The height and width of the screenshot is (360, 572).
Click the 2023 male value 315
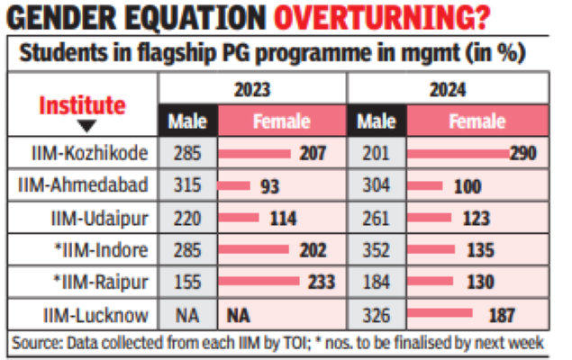[x=186, y=186]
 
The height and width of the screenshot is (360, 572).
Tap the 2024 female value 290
[x=522, y=154]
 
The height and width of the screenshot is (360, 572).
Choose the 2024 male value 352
[x=376, y=250]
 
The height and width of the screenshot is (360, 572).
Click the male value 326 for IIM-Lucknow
[x=376, y=315]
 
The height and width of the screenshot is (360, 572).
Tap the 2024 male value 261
[x=376, y=219]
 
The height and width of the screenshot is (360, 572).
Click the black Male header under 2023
[x=186, y=121]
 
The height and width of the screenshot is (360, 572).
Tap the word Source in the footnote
[x=36, y=343]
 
